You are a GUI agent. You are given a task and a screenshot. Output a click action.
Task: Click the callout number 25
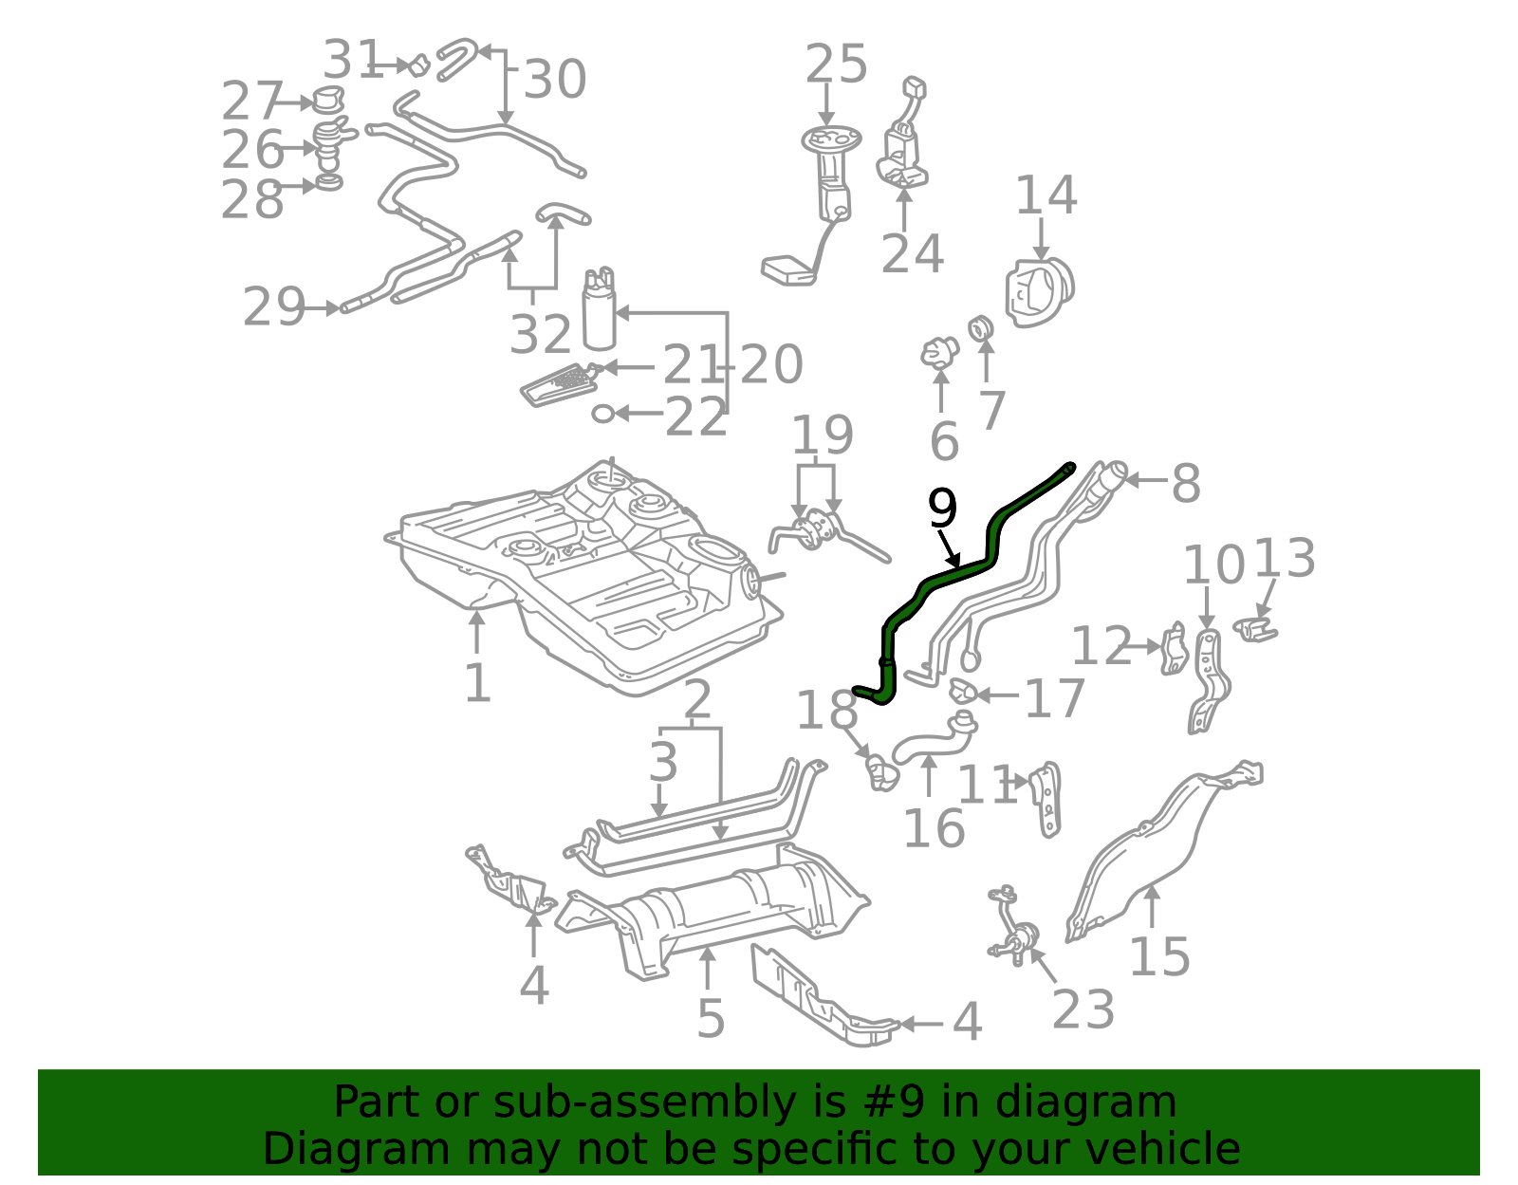pos(836,65)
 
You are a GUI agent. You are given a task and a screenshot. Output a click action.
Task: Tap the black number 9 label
pos(942,509)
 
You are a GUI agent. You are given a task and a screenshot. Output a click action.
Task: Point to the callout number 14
pos(1046,194)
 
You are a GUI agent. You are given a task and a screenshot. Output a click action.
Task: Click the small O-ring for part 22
pos(602,414)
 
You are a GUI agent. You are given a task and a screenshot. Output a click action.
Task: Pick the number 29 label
pos(273,306)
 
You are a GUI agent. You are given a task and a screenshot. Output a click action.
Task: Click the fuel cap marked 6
pos(939,352)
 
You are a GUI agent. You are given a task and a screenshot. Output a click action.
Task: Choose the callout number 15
pos(1159,957)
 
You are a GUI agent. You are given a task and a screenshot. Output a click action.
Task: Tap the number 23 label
pos(1083,1009)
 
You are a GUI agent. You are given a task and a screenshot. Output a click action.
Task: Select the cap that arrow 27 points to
pos(327,100)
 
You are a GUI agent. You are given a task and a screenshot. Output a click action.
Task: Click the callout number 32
pos(540,334)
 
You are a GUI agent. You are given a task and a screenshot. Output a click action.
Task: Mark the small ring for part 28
pos(329,184)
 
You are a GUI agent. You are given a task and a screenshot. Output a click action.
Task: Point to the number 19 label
pos(822,435)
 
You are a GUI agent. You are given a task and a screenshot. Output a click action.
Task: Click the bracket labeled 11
pos(1046,799)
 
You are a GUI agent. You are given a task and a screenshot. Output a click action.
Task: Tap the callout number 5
pos(711,1019)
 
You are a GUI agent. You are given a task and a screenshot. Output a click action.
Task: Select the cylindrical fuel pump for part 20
pos(600,308)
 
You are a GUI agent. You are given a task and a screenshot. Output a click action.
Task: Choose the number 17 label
pos(1054,697)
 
